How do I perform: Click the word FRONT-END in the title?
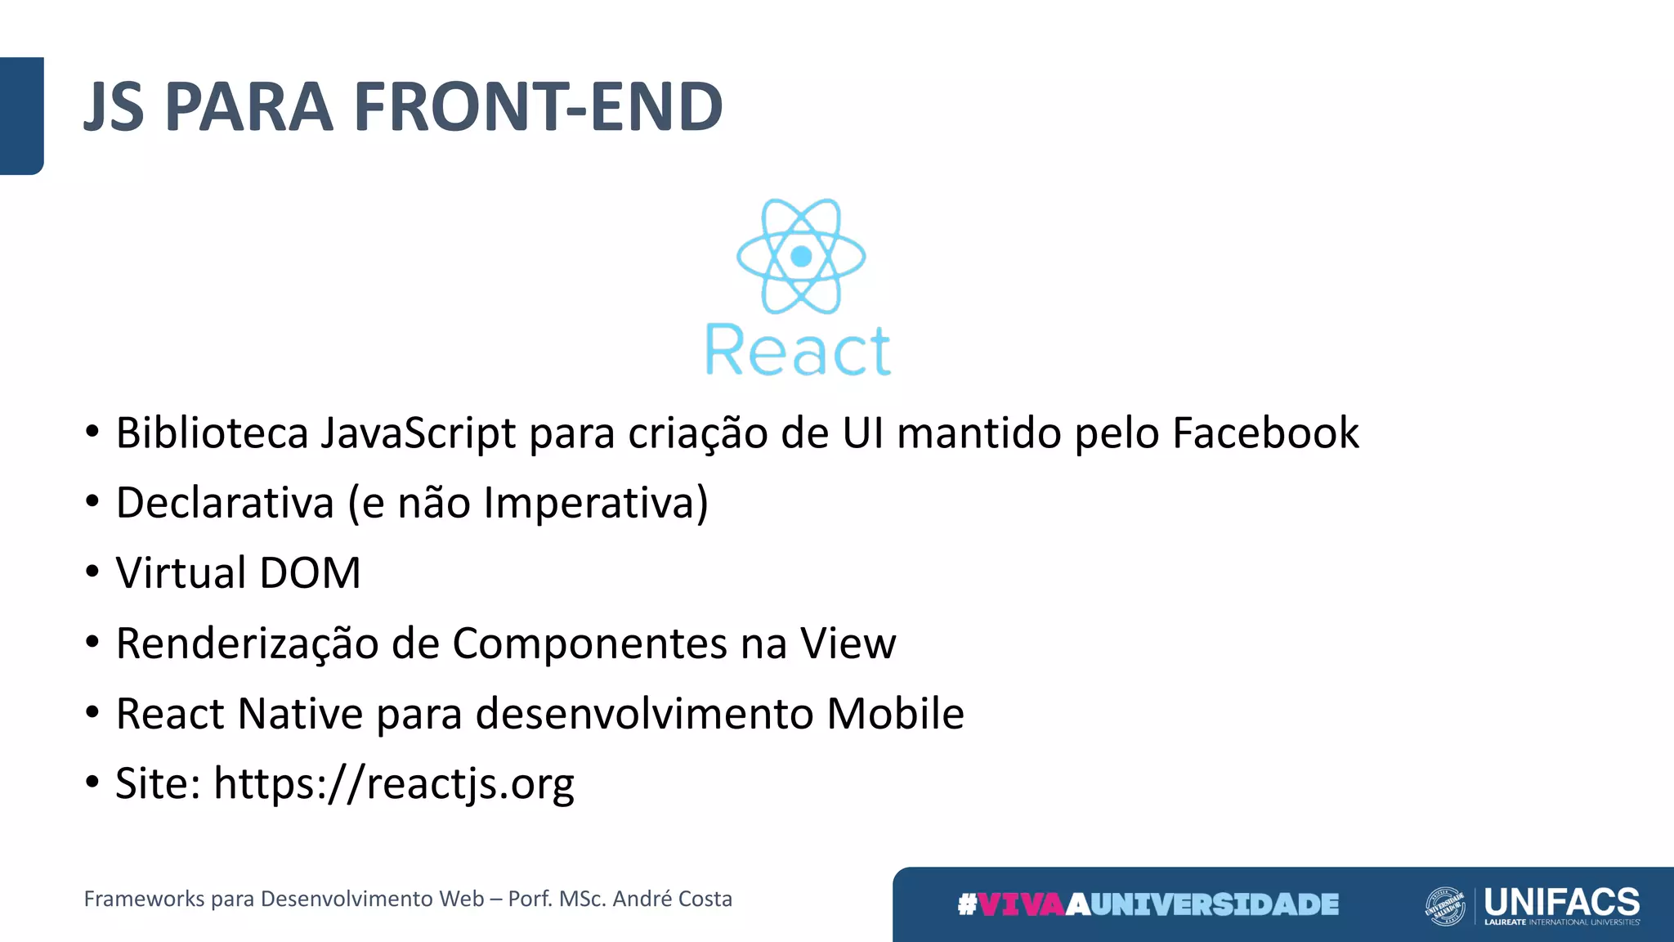pos(538,107)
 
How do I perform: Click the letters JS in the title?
pos(114,107)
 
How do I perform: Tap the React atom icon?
pos(801,256)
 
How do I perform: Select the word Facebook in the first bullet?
pos(1265,433)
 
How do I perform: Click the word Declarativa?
pos(225,502)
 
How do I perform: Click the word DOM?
pos(310,572)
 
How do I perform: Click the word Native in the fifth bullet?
pos(300,713)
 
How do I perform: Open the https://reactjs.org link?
pos(393,784)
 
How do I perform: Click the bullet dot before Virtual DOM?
pos(92,571)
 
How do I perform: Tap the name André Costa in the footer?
pos(672,899)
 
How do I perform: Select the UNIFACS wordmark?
pos(1561,902)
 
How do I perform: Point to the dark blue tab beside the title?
pos(21,115)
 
